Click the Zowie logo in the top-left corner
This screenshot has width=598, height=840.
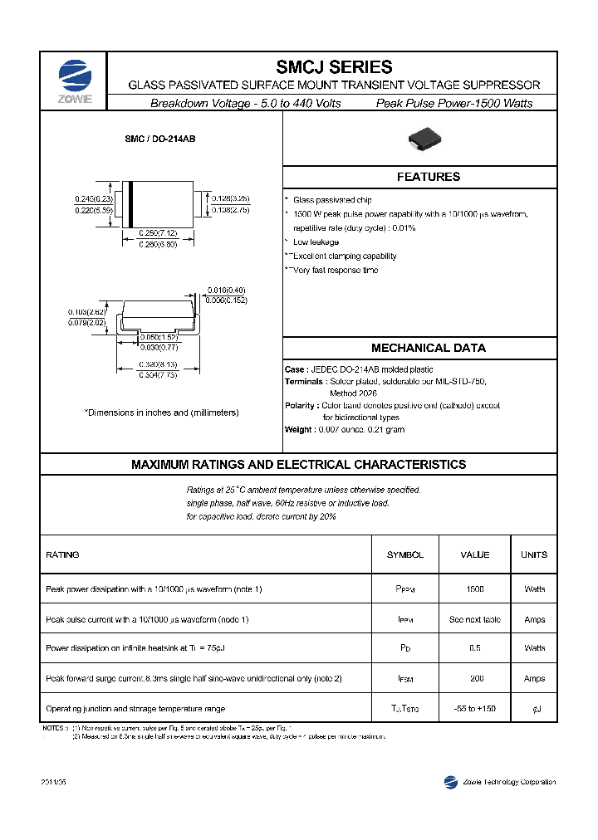tap(75, 81)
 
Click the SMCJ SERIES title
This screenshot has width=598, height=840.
tap(334, 67)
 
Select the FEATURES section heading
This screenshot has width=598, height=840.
tap(428, 177)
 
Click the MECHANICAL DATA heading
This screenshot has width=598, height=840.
tap(428, 348)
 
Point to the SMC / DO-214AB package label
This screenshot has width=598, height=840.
tap(160, 140)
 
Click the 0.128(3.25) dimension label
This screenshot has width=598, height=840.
tap(230, 199)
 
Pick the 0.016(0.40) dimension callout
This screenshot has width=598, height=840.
tap(227, 291)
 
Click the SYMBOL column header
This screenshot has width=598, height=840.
tap(404, 554)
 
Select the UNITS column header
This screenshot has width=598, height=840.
tap(534, 554)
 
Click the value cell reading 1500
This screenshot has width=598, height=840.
tap(474, 588)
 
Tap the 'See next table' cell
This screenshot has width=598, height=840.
tap(474, 619)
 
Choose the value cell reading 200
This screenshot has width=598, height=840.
tap(476, 678)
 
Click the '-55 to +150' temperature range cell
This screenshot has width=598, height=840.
tap(475, 708)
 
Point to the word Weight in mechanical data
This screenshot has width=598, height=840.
tap(298, 430)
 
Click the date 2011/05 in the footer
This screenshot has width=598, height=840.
tap(53, 783)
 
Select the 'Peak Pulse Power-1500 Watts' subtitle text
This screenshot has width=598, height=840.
tap(454, 103)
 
